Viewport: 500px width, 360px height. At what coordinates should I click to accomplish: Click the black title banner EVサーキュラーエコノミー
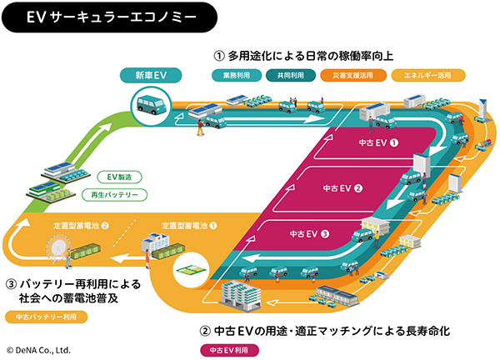[109, 17]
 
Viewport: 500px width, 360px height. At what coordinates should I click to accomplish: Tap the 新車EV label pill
[151, 76]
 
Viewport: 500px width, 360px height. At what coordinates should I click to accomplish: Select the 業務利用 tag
[237, 76]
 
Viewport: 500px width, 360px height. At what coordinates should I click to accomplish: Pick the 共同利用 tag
[291, 76]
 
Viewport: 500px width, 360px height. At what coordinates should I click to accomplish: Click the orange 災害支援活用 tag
[353, 76]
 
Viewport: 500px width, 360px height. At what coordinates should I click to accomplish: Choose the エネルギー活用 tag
[428, 76]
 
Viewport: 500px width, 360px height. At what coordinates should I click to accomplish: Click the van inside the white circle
[151, 105]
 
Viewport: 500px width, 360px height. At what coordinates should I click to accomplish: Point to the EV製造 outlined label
[119, 177]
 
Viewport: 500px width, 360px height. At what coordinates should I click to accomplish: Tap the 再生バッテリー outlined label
[114, 195]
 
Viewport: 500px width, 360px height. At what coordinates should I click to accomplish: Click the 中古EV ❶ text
[378, 142]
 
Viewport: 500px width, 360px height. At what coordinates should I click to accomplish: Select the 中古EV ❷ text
[342, 188]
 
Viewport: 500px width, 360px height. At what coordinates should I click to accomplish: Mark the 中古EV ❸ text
[309, 234]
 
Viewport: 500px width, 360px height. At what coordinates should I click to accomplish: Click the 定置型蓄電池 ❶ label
[189, 226]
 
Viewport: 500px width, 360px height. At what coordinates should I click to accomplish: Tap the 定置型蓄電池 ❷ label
[81, 226]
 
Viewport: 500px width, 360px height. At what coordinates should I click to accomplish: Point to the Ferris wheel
[57, 249]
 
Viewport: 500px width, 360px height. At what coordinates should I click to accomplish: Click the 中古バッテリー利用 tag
[46, 317]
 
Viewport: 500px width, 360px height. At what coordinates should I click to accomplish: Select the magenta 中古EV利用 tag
[229, 350]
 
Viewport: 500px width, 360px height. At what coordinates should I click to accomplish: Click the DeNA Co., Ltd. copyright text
[38, 350]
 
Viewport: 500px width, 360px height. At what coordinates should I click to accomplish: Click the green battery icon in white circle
[191, 270]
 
